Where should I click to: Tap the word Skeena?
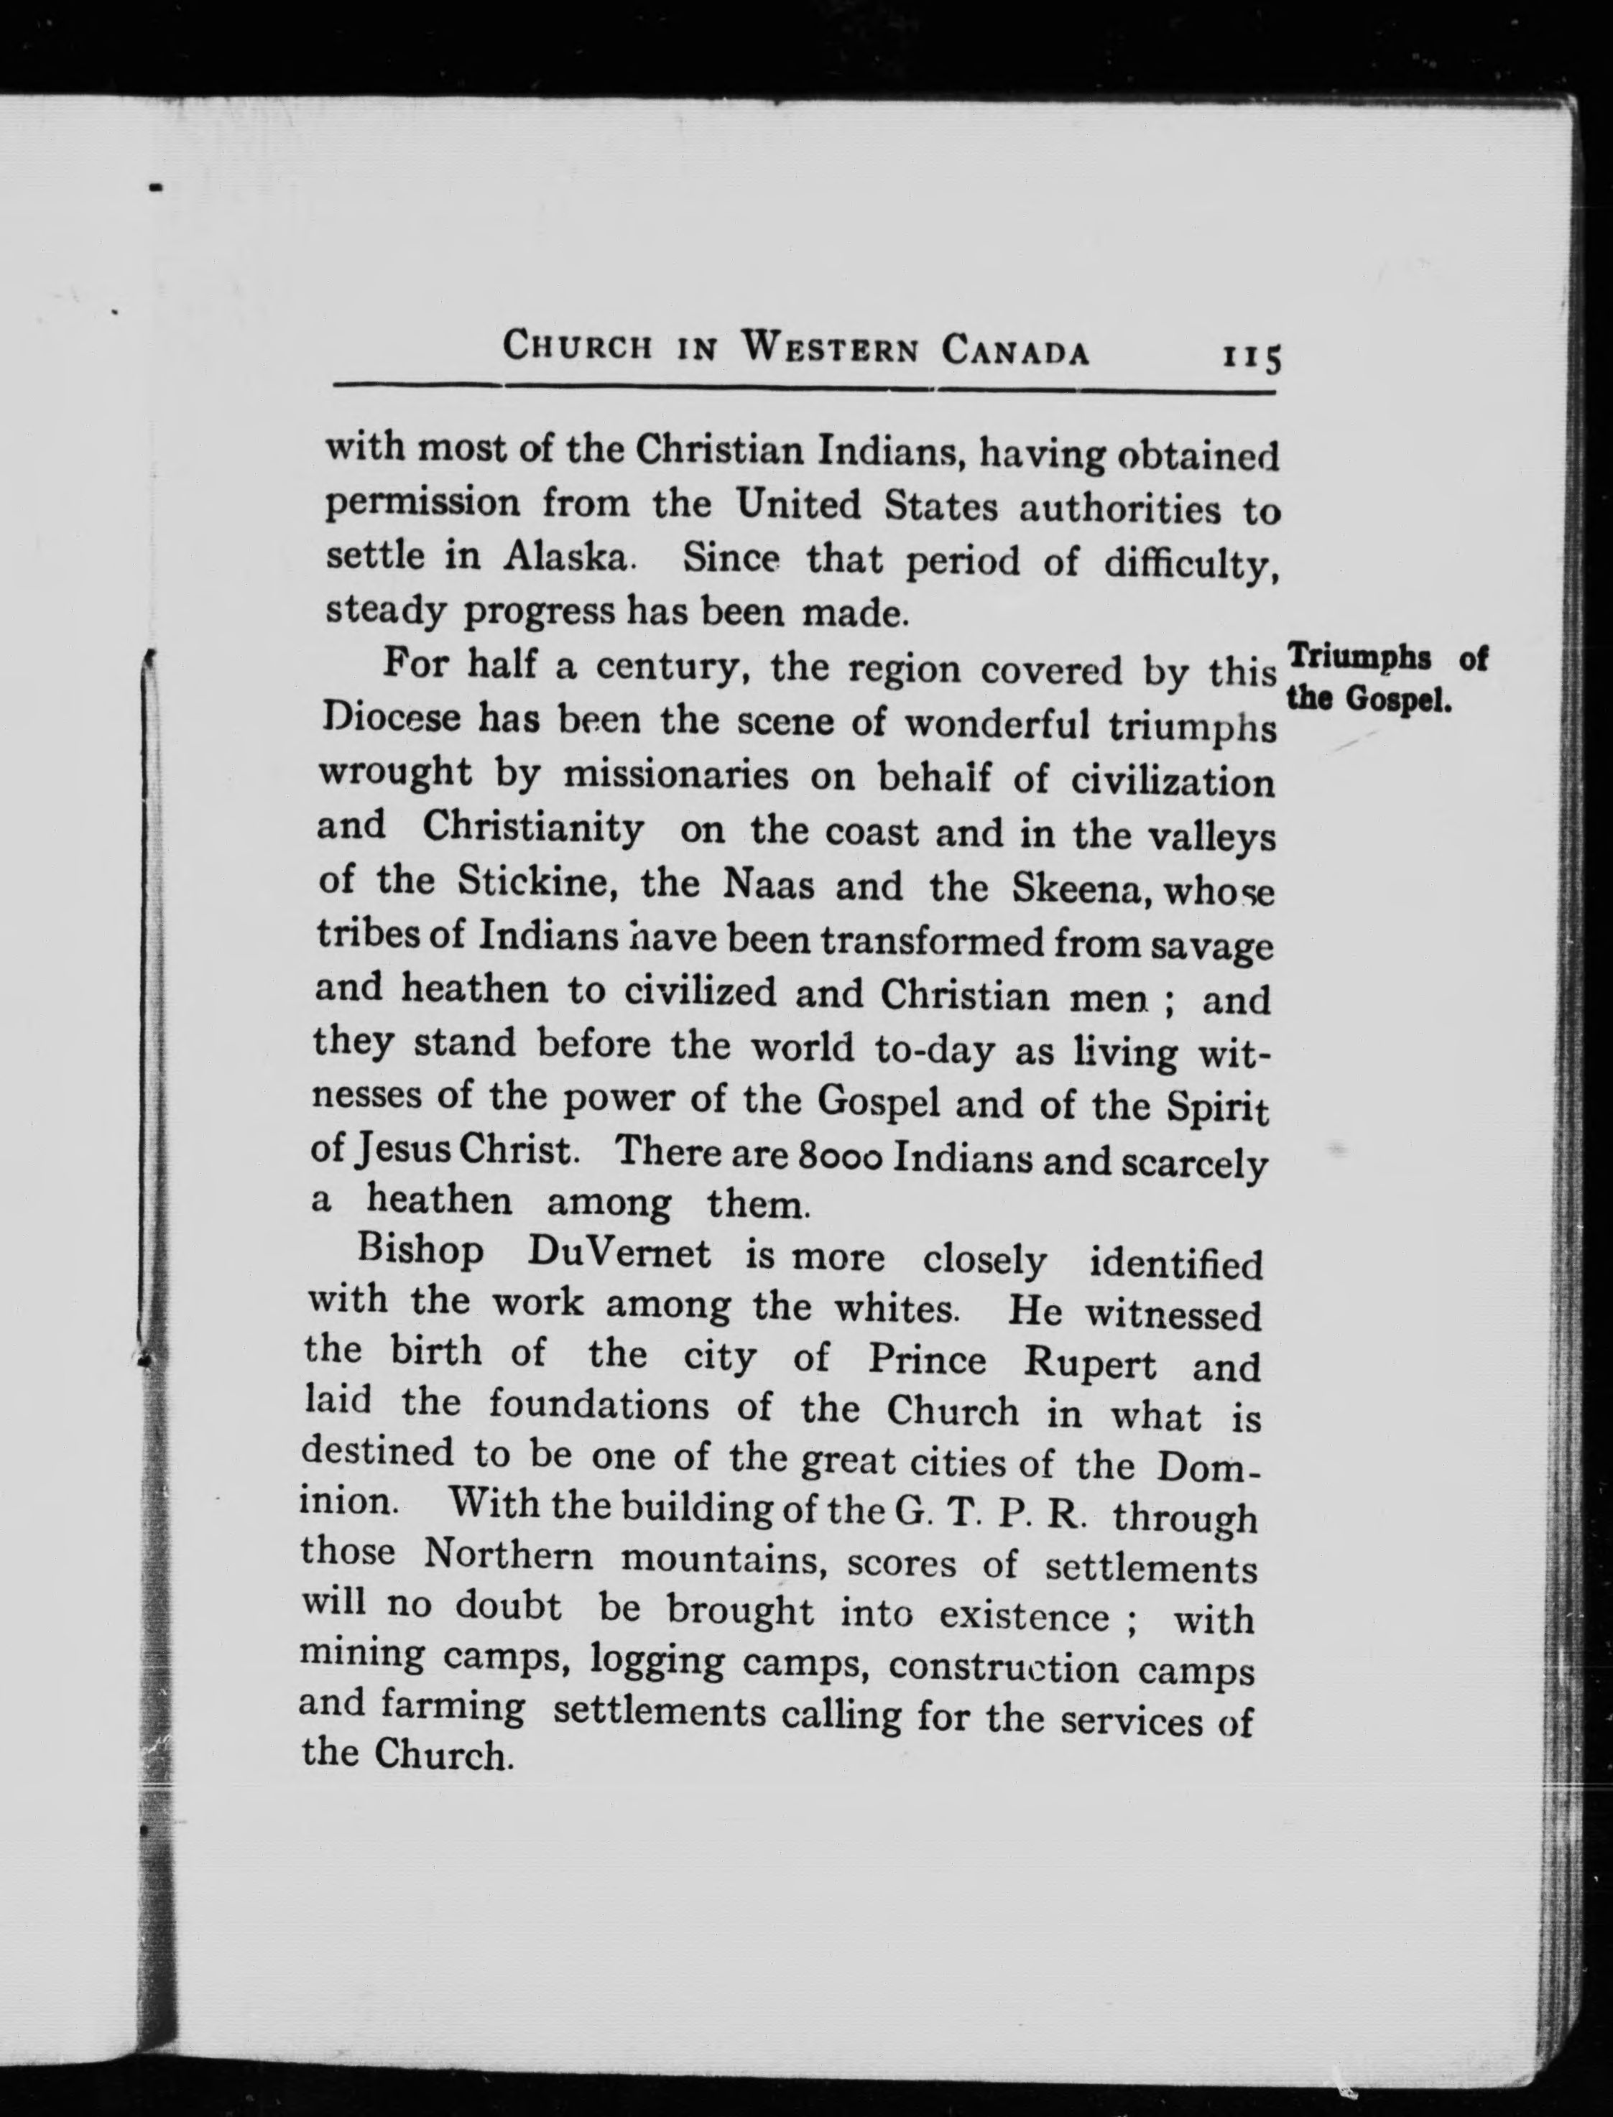point(1082,890)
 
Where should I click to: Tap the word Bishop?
point(420,1250)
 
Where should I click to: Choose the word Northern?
point(508,1555)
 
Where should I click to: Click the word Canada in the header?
point(1015,351)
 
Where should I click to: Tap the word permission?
point(422,502)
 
